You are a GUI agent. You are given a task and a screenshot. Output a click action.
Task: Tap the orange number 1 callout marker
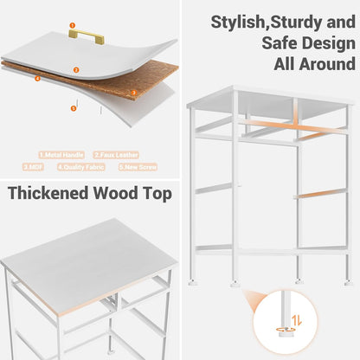(x=73, y=26)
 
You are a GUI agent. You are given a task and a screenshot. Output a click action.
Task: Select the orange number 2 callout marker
(x=76, y=69)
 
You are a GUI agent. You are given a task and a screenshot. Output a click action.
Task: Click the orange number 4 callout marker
(x=37, y=78)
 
